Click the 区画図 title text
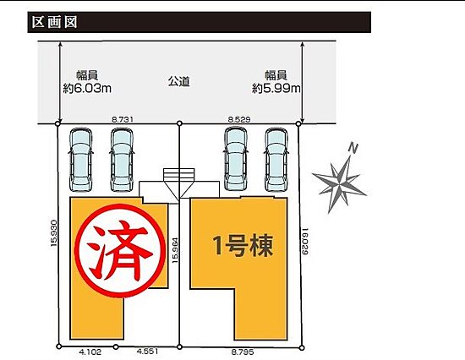point(55,22)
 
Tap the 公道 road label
point(179,81)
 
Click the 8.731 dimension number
point(123,119)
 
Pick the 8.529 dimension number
point(239,119)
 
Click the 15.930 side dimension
point(53,234)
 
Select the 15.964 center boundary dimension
point(175,251)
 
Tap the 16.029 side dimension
point(305,241)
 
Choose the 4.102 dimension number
point(90,352)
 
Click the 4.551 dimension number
point(147,352)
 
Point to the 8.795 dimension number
point(243,352)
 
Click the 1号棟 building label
point(243,246)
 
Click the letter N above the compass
point(353,148)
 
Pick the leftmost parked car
point(80,160)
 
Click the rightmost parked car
point(276,160)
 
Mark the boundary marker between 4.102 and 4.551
point(116,346)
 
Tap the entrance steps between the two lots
point(179,173)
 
